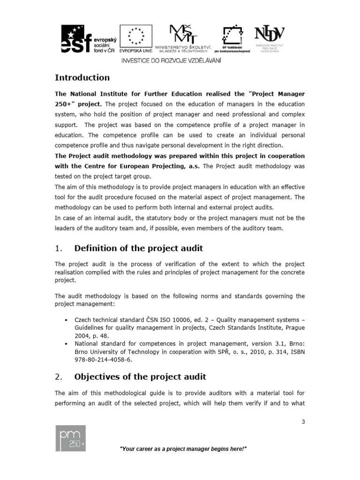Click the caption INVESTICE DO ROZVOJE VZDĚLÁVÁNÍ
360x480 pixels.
point(172,60)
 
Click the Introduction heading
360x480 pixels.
point(82,78)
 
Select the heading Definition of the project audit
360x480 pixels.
point(139,248)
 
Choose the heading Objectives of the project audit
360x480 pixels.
point(140,377)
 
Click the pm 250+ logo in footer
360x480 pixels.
point(70,439)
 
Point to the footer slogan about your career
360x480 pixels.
point(183,449)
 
